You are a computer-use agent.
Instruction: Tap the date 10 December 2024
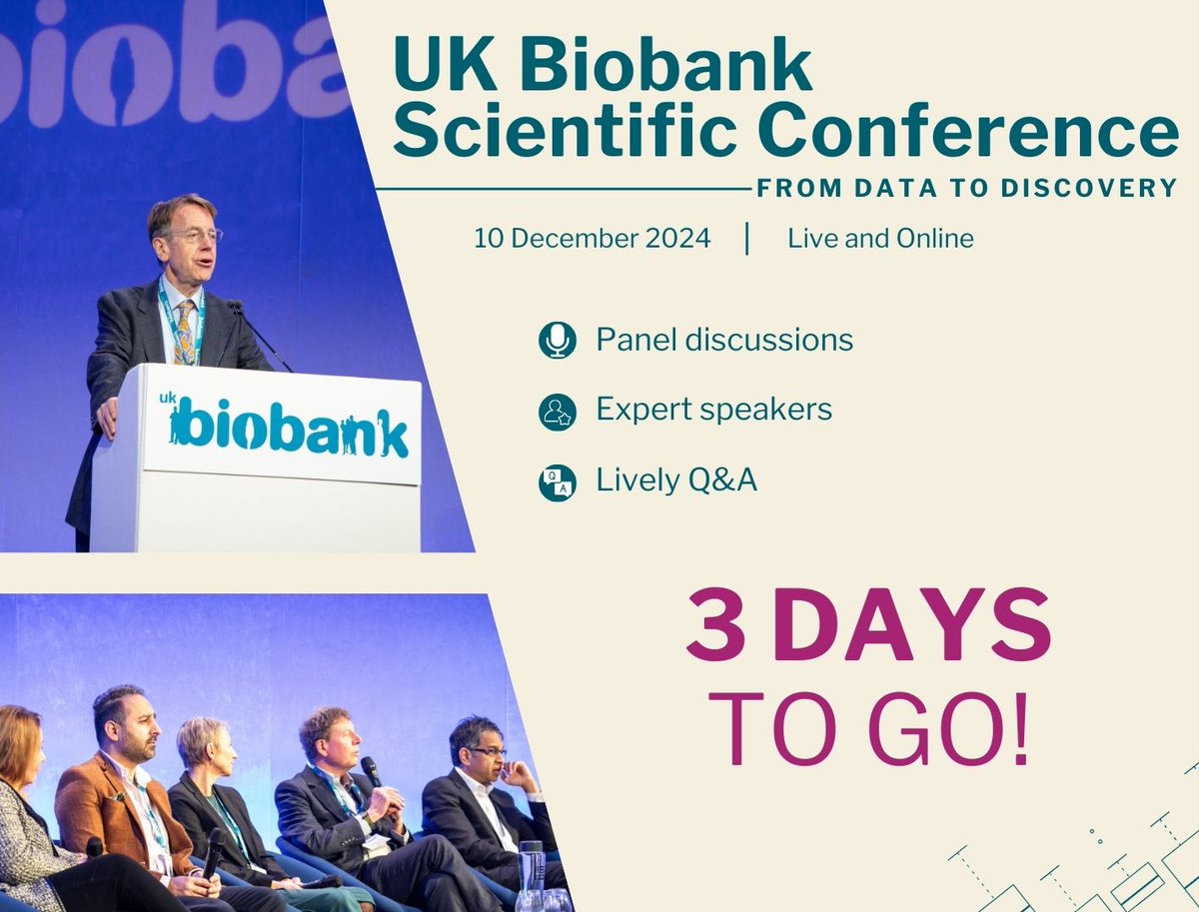pos(593,240)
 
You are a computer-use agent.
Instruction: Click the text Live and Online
pos(880,240)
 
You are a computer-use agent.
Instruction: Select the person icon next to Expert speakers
pos(557,412)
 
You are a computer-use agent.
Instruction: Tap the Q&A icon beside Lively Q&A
pos(557,482)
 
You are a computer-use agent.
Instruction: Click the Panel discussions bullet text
pos(724,341)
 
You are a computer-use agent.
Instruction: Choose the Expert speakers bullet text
pos(713,410)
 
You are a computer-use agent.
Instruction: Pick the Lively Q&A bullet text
pos(676,480)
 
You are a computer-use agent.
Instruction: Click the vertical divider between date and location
pos(747,240)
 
